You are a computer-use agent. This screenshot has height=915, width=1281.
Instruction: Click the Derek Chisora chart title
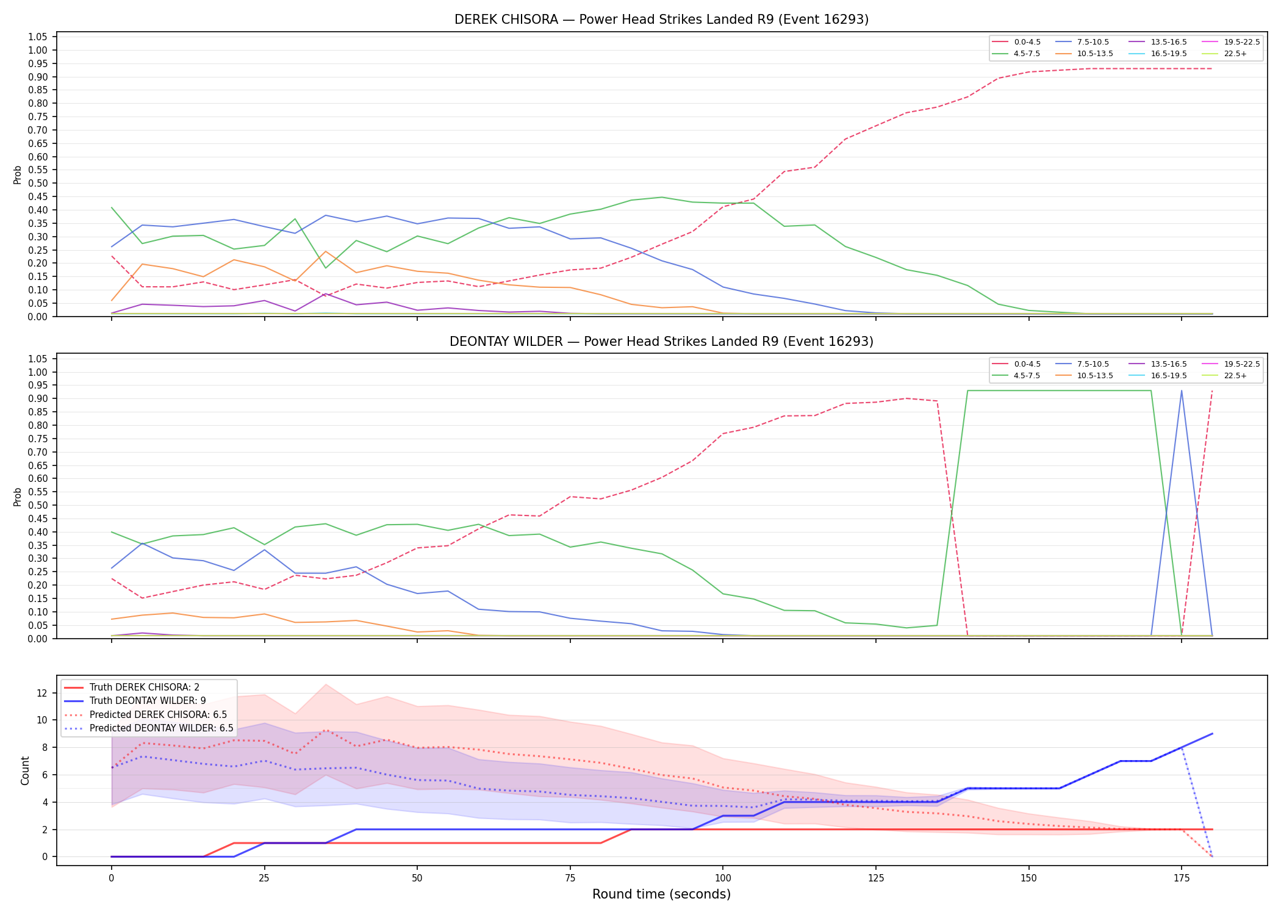pos(661,20)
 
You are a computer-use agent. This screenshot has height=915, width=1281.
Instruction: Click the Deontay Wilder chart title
pos(661,342)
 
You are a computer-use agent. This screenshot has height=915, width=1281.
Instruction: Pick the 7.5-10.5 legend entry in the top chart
pos(1082,42)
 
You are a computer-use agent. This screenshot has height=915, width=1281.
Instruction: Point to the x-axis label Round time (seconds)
pos(661,894)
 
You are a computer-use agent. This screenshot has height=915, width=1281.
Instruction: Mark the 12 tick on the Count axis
pos(42,693)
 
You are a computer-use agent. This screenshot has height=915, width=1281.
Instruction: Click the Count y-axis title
pos(25,770)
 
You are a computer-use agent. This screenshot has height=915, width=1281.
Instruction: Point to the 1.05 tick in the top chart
pos(38,37)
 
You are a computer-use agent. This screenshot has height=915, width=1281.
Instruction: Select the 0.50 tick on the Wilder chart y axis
pos(38,505)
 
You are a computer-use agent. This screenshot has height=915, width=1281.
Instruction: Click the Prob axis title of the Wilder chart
pos(18,497)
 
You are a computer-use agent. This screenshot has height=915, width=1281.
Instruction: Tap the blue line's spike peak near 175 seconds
pos(1182,391)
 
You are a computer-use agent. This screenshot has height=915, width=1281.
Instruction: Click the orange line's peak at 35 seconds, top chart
pos(326,251)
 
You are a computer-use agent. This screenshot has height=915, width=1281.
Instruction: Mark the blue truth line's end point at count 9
pos(1212,734)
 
